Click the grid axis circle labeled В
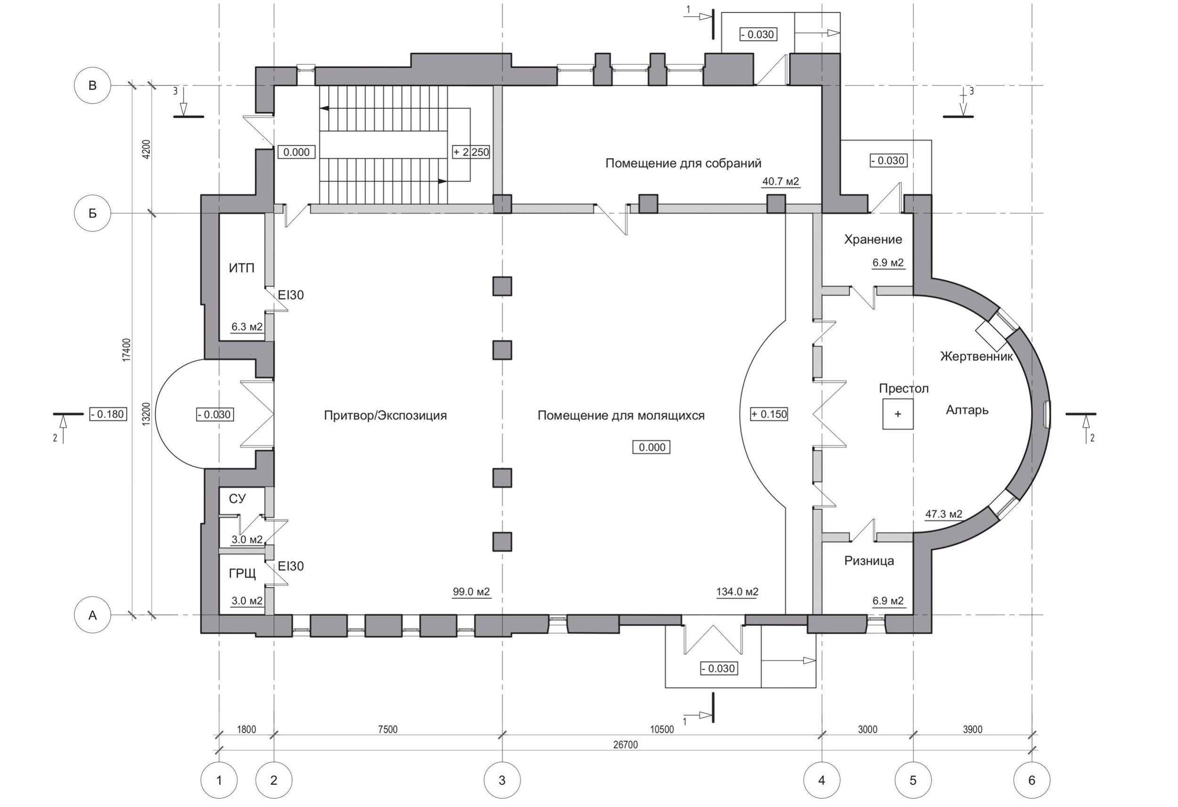(x=92, y=85)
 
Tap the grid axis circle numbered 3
(x=502, y=780)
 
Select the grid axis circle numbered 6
(x=1031, y=780)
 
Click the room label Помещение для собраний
(x=683, y=163)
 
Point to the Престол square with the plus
(x=898, y=414)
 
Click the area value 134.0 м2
(x=737, y=592)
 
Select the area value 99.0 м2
(x=471, y=592)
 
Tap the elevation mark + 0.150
(x=769, y=414)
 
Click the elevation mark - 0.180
(x=107, y=414)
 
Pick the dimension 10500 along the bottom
(x=662, y=729)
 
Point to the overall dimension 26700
(x=625, y=745)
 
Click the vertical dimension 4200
(x=147, y=149)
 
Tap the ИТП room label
(x=241, y=268)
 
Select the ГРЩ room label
(x=242, y=573)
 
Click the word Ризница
(x=869, y=561)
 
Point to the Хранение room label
(x=873, y=239)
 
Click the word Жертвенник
(x=976, y=356)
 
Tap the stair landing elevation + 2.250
(x=471, y=152)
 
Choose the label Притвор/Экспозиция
(x=385, y=415)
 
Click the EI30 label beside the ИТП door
(x=290, y=295)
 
